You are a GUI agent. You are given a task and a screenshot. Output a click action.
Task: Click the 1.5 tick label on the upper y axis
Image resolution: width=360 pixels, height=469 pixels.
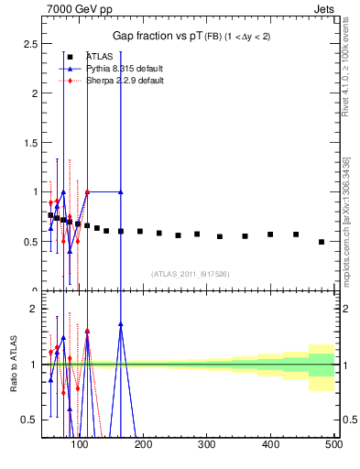coord(30,143)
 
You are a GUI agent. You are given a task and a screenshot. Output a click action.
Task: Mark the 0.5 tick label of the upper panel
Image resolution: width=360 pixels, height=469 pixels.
coord(30,242)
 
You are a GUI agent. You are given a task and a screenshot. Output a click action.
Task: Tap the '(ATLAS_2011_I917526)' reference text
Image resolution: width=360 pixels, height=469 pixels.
coord(191,274)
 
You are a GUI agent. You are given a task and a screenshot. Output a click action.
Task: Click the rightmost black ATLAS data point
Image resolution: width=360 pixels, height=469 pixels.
coord(321,242)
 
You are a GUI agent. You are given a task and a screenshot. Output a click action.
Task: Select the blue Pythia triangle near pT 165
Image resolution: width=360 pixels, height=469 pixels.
coord(121,192)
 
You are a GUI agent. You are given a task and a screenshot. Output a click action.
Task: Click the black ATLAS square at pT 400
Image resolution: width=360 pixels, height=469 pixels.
coord(270,234)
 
